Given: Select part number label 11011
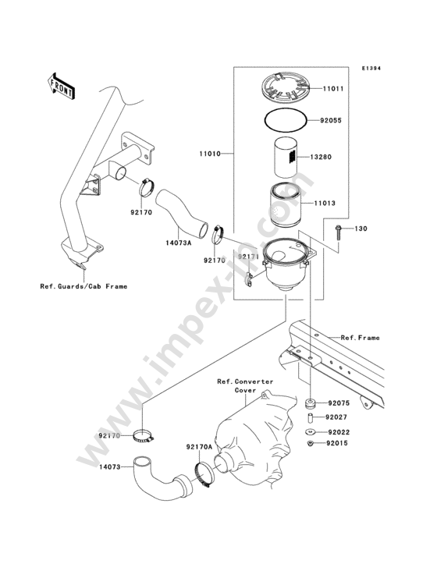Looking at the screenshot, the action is (333, 88).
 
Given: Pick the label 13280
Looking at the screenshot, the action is (321, 157).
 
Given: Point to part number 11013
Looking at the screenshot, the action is (325, 203).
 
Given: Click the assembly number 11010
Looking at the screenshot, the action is (210, 154).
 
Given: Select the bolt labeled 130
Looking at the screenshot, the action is (338, 232).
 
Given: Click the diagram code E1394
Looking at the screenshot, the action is (371, 68).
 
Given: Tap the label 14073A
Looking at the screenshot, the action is (179, 242).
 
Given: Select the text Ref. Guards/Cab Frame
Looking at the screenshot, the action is (83, 286).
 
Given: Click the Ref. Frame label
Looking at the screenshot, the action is (360, 338).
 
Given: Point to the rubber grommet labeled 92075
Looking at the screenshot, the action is (311, 404).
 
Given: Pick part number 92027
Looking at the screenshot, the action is (336, 417).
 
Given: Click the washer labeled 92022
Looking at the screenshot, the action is (311, 432).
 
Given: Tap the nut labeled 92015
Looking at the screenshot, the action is (311, 443).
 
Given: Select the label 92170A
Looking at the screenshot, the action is (198, 447).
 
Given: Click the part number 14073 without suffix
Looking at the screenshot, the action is (109, 466).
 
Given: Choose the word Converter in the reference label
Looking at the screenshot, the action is (254, 381).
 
